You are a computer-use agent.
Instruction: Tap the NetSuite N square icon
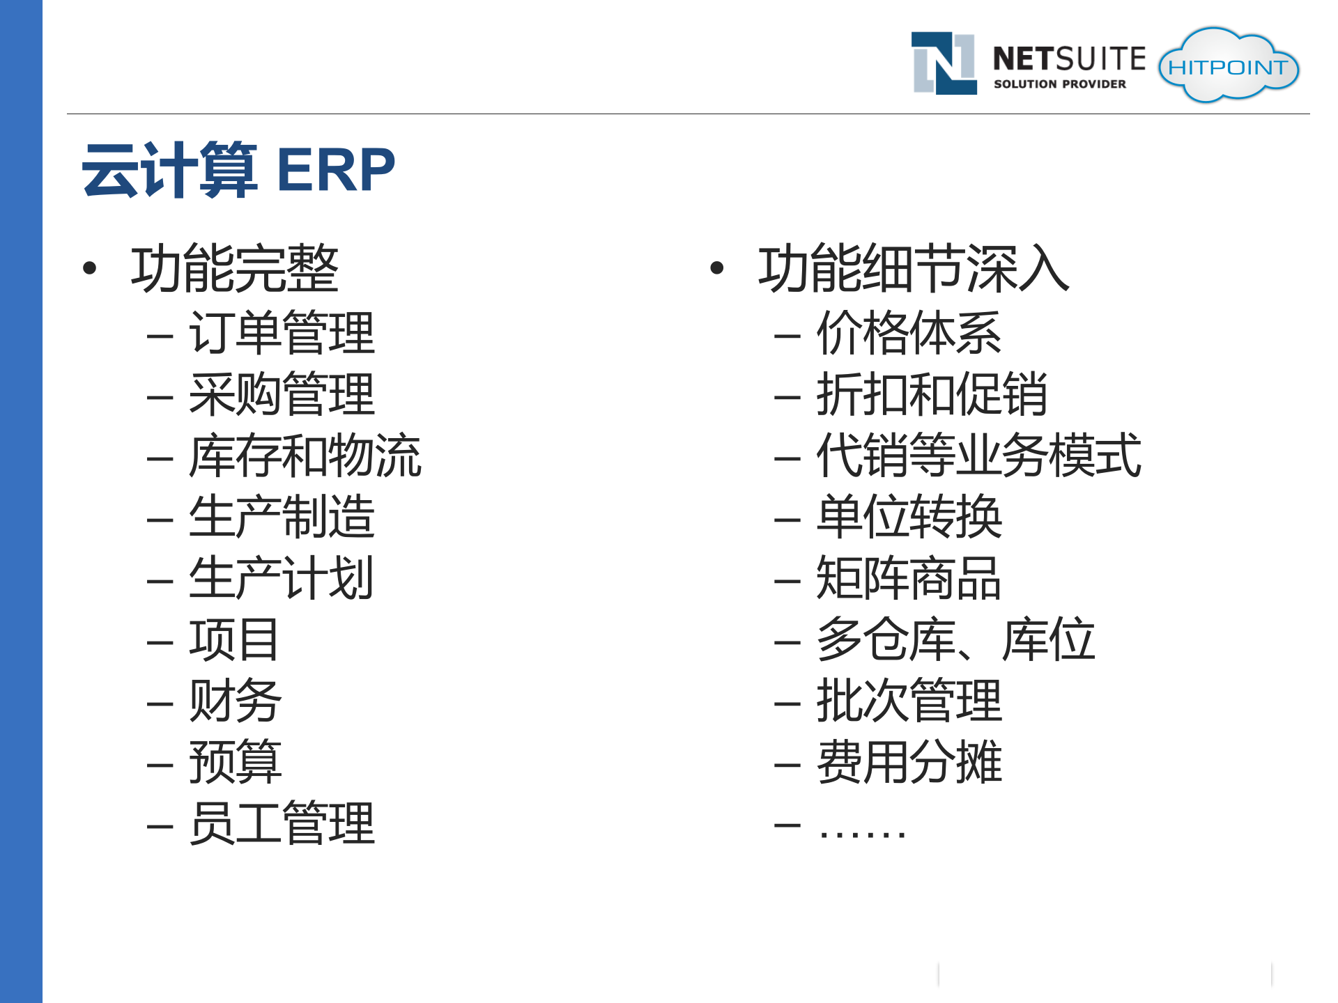(x=944, y=63)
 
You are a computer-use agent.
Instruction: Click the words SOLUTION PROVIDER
(x=1059, y=84)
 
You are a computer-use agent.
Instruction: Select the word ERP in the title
(x=336, y=170)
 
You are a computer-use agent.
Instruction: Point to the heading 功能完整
(x=234, y=269)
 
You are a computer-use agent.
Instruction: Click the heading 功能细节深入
(x=913, y=269)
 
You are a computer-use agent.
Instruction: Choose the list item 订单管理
(x=282, y=334)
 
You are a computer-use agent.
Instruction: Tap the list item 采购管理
(x=282, y=395)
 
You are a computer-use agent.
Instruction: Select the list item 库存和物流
(x=305, y=456)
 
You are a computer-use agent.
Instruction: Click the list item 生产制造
(x=282, y=518)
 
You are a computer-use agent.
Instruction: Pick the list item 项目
(x=234, y=640)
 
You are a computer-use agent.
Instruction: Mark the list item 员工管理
(x=282, y=824)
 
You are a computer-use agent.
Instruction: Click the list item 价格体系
(x=909, y=334)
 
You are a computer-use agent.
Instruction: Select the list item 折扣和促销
(x=932, y=395)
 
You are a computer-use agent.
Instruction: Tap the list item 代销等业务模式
(x=978, y=456)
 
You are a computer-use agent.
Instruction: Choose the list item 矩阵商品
(x=909, y=579)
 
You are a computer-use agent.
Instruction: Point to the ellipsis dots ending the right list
(x=862, y=832)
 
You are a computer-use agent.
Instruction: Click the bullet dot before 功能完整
(x=89, y=268)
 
